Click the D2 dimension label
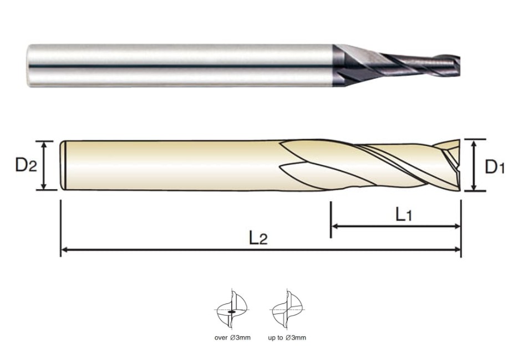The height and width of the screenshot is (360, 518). click(x=26, y=165)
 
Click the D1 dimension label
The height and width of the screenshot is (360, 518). click(x=495, y=167)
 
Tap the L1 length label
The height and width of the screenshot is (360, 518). click(x=404, y=215)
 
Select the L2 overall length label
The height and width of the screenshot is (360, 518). click(x=258, y=238)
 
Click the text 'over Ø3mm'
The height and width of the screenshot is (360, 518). click(x=232, y=338)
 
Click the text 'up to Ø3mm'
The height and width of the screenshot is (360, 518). click(x=287, y=338)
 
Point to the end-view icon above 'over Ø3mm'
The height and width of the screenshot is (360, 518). click(x=232, y=310)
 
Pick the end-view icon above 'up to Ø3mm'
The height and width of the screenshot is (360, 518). click(x=287, y=310)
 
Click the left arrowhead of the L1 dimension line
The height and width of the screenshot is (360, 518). click(x=334, y=226)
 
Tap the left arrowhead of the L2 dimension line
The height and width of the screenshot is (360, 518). click(x=64, y=250)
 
